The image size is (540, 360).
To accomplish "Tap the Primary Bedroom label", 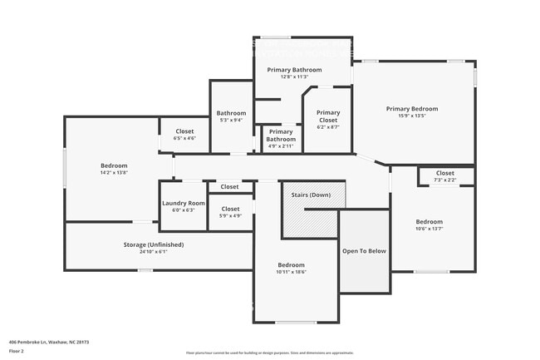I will pos(411,109).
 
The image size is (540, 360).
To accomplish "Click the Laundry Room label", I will pos(184,203).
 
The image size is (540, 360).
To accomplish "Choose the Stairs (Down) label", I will pos(311,195).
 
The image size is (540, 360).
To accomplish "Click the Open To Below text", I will pos(364,250).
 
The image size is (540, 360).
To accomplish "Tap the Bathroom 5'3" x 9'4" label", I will pos(231,113).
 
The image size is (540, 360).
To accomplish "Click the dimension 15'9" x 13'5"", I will pos(411,116).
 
